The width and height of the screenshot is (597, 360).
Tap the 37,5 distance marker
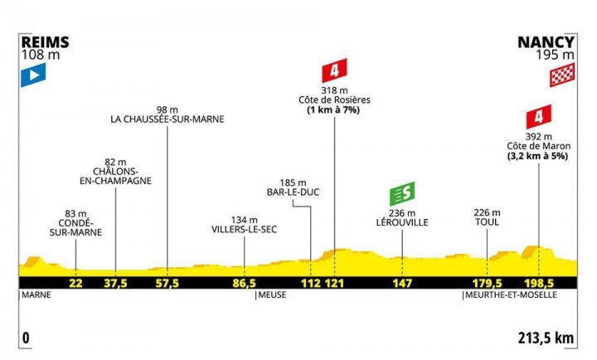tap(114, 282)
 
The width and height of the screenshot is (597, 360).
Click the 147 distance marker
tap(402, 282)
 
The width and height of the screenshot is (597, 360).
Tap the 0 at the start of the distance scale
tap(27, 338)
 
